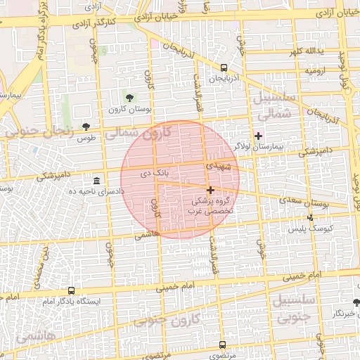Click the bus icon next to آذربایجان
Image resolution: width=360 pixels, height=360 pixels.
(224, 68)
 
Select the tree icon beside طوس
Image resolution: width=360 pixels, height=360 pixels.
(86, 127)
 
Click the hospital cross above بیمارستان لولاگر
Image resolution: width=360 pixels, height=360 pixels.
(258, 136)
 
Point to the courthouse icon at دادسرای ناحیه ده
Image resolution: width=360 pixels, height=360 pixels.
(96, 181)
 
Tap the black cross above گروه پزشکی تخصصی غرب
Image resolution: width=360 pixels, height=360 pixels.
(210, 190)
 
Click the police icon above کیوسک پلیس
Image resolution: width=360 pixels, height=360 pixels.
(311, 218)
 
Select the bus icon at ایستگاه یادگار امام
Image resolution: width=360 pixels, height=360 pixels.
(71, 290)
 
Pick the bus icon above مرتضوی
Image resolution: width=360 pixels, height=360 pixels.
(223, 345)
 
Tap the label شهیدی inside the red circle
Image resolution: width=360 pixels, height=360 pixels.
(218, 167)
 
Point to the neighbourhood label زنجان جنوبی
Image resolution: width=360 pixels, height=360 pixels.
(30, 129)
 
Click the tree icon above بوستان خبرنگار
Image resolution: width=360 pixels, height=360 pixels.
(355, 303)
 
